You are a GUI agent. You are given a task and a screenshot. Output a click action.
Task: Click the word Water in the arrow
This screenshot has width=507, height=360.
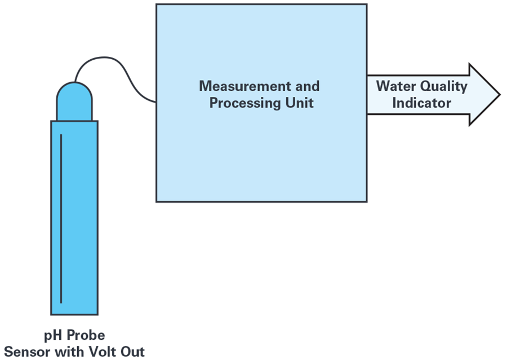tap(393, 86)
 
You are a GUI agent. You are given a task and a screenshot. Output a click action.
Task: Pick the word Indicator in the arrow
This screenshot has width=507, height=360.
tap(421, 103)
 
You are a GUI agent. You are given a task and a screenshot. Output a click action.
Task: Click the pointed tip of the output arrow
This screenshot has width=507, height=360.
tap(498, 94)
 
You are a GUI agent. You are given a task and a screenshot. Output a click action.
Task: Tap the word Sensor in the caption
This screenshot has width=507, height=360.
tap(24, 352)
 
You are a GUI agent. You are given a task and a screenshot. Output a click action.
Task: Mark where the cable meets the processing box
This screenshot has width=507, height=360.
tap(156, 103)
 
